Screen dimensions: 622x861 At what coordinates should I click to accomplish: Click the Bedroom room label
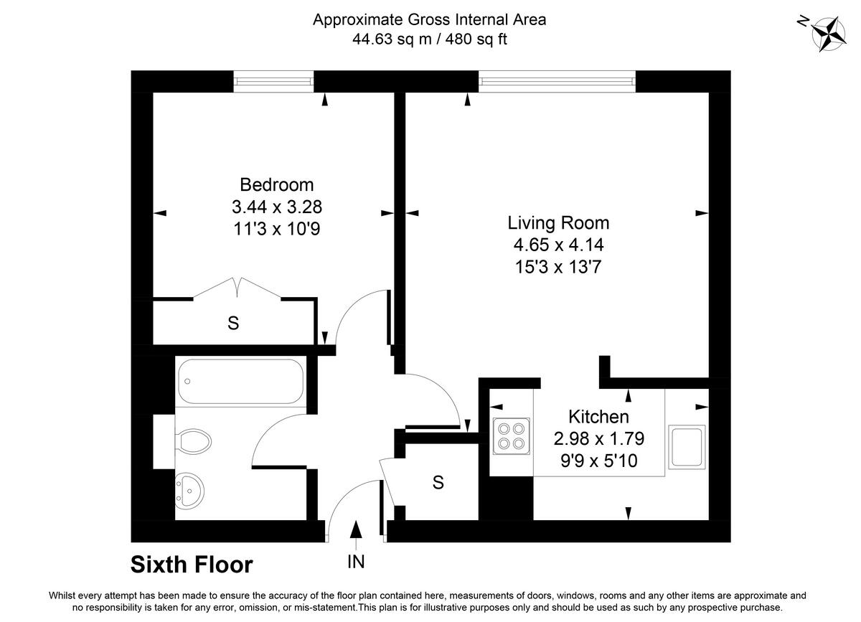point(276,184)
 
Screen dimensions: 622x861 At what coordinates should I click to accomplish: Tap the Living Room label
point(558,222)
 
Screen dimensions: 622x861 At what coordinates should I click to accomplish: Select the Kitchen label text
point(598,416)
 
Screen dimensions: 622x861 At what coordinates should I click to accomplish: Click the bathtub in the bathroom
point(241,381)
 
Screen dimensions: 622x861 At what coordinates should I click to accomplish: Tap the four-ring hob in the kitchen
point(510,434)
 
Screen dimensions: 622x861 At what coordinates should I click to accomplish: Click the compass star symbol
point(827,33)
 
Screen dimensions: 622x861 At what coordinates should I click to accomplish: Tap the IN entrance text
point(356,562)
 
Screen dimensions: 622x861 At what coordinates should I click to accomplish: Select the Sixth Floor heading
point(192,565)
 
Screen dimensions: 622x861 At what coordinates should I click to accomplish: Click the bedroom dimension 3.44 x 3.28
point(276,207)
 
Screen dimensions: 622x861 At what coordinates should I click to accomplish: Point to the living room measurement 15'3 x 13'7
point(558,268)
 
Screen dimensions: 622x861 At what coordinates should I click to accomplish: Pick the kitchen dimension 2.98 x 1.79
point(598,438)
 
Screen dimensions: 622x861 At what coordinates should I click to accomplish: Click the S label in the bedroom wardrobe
point(232,324)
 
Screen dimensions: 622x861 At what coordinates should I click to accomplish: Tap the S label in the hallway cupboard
point(438,483)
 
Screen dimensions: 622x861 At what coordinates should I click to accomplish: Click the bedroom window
point(274,82)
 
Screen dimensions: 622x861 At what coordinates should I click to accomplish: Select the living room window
point(557,82)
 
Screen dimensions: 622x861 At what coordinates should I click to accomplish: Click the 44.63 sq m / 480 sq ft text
point(429,39)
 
